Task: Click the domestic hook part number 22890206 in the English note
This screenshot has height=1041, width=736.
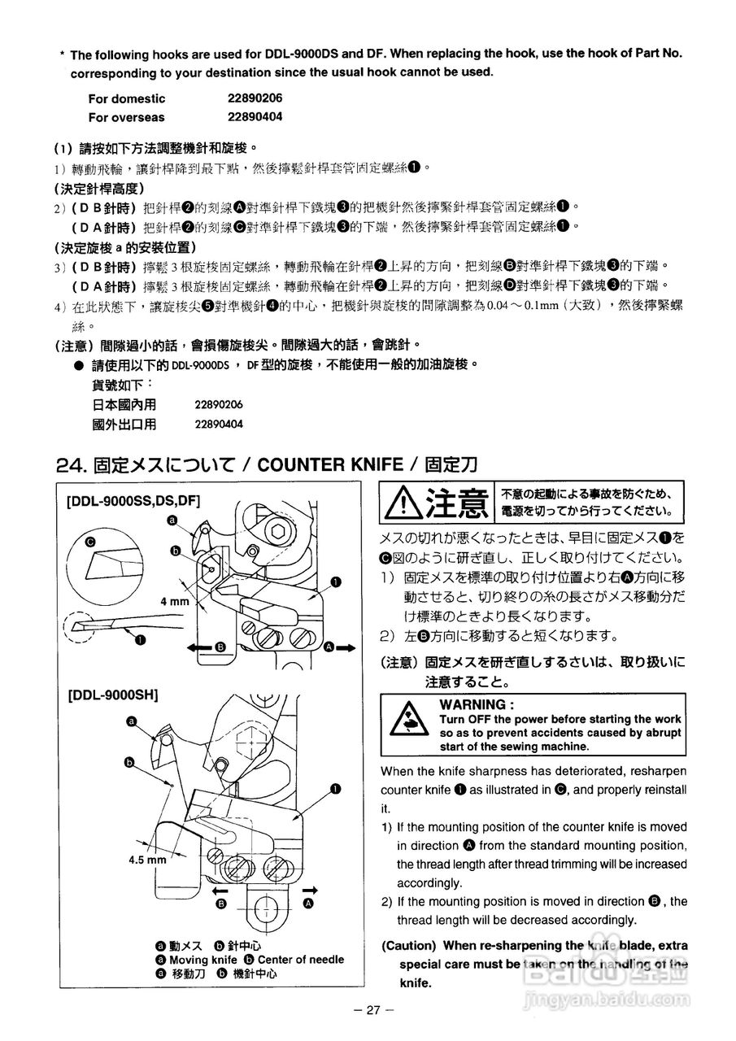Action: (255, 98)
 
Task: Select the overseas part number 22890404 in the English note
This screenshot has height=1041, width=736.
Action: (255, 116)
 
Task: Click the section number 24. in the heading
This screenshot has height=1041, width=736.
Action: (72, 464)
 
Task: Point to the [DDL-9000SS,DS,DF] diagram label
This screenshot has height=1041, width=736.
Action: (133, 500)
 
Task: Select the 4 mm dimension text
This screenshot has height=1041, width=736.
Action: (174, 602)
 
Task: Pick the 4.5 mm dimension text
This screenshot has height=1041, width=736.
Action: (146, 859)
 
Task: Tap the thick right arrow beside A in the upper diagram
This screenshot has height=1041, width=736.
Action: (345, 647)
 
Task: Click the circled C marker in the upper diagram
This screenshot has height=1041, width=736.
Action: (89, 540)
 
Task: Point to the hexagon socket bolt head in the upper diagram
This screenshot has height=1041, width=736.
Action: (278, 531)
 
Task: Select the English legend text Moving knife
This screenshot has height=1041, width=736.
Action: (203, 960)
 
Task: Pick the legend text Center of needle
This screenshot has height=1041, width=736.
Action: (301, 960)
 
